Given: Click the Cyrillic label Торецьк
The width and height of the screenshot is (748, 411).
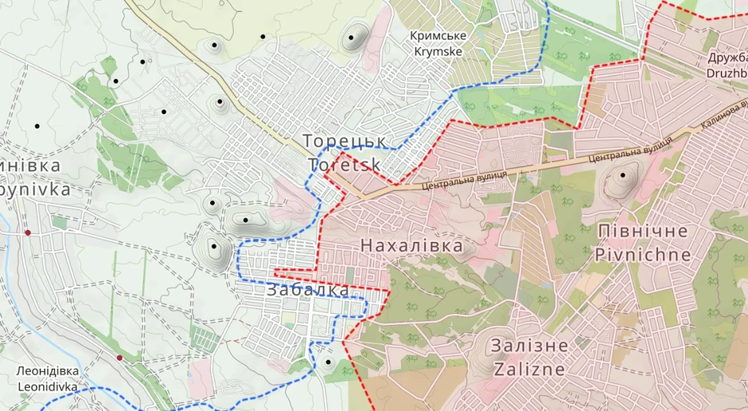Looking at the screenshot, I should click(x=345, y=141).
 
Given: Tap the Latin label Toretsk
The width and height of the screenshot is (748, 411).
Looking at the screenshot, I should click(x=345, y=164).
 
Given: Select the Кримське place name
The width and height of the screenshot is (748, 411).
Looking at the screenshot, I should click(x=438, y=36).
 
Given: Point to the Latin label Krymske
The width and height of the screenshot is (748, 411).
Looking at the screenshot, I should click(x=439, y=51).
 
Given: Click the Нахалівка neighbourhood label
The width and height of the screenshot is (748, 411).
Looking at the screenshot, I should click(x=411, y=246).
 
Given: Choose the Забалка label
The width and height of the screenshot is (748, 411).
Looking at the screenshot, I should click(x=308, y=290).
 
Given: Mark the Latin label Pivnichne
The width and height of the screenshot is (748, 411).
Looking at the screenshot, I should click(x=642, y=255).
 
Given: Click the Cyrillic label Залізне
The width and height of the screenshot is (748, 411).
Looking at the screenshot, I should click(x=530, y=346).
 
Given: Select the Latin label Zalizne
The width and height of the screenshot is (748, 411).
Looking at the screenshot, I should click(x=530, y=370).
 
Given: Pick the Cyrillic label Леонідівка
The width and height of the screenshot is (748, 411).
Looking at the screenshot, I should click(x=48, y=372).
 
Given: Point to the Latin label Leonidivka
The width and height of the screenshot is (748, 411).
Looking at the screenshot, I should click(x=47, y=387).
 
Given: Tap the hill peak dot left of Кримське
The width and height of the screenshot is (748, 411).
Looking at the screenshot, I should click(x=352, y=37).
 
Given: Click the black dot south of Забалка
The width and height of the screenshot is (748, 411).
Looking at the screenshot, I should click(x=328, y=363).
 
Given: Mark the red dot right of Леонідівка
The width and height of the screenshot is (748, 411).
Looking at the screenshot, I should click(x=119, y=358).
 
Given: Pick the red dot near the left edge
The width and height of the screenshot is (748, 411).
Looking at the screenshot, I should click(x=28, y=233).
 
